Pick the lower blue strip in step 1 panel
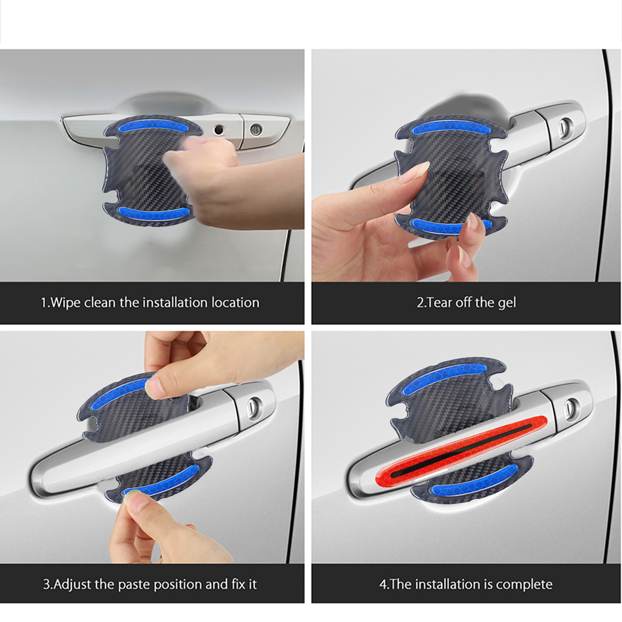point(153,212)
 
